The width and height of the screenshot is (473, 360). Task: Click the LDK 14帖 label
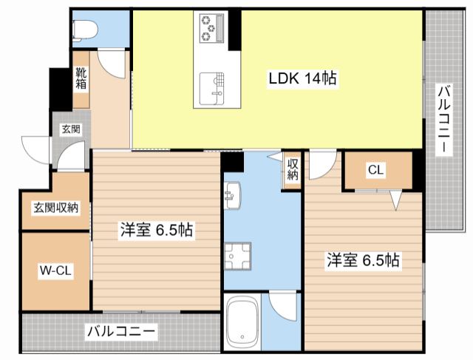[x=302, y=79]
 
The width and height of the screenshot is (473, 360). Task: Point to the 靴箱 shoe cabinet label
[x=81, y=78]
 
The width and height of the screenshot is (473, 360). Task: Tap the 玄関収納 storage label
[x=55, y=208]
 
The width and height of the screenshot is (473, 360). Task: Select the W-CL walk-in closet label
[x=55, y=271]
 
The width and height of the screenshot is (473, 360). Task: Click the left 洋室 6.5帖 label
[x=157, y=231]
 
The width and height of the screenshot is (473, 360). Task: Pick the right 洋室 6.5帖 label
[x=363, y=259]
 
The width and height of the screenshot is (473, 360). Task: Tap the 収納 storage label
[x=292, y=170]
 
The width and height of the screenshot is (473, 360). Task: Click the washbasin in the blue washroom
[x=232, y=195]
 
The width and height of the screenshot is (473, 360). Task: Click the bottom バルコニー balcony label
[x=121, y=330]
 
